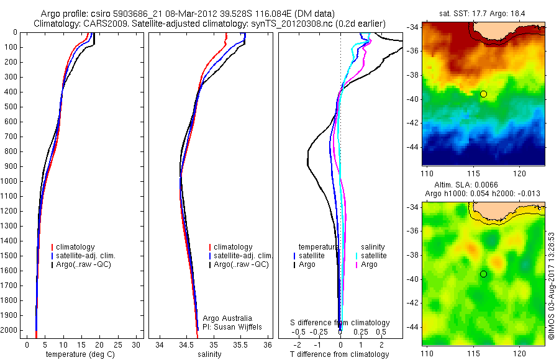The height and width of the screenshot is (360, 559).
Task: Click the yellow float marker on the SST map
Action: click(483, 94)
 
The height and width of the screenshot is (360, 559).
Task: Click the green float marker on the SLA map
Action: click(483, 274)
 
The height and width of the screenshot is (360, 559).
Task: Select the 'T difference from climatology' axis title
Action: click(339, 354)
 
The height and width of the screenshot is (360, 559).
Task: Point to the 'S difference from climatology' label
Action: click(340, 323)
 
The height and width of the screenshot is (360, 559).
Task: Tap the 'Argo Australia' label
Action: click(229, 318)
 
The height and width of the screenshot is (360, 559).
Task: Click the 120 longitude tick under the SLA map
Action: click(519, 353)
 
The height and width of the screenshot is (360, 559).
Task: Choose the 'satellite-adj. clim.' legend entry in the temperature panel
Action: click(85, 256)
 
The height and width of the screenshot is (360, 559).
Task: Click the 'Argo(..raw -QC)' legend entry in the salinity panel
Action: click(242, 264)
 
